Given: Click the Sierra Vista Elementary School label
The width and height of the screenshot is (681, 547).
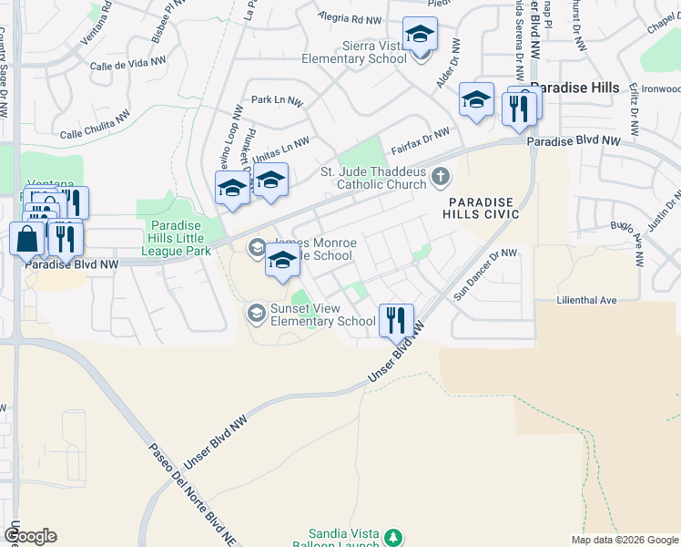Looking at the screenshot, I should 361,52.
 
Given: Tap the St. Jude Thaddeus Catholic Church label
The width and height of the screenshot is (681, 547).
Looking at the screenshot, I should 373,178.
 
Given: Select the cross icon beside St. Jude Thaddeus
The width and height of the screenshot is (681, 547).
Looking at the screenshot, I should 441,176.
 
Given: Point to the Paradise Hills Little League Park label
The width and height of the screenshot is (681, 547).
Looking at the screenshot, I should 180,238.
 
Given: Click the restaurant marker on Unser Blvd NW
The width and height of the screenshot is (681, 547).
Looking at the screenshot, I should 395,319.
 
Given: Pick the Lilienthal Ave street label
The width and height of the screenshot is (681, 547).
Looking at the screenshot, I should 587,300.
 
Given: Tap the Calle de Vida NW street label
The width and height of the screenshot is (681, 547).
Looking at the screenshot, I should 128,64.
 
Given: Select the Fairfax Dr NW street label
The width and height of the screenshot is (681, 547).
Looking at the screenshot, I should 421,140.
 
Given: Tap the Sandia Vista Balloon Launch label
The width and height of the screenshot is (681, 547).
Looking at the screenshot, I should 344,539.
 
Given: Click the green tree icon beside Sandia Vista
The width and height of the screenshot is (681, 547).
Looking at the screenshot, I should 393,538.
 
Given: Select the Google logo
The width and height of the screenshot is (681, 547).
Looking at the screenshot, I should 30,536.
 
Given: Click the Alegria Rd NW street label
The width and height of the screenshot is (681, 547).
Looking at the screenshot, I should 351,18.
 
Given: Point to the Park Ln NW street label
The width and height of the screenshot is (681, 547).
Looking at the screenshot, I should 277,101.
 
